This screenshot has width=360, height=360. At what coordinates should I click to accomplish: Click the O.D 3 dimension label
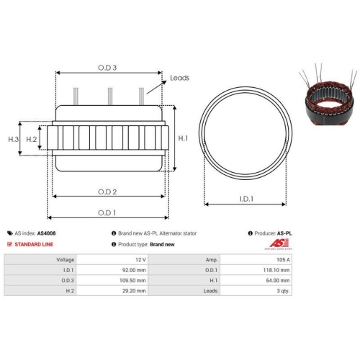coord(107,67)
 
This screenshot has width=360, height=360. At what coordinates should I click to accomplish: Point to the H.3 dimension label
coord(13,138)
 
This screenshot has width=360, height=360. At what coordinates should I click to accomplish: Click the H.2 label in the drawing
coord(32,138)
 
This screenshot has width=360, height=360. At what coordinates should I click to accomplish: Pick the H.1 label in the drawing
coord(183,138)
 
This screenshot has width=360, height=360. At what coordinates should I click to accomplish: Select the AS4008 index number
coord(48,233)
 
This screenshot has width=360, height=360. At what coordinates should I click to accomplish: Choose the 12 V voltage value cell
coord(140,258)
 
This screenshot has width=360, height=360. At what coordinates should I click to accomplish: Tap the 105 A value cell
coord(283,258)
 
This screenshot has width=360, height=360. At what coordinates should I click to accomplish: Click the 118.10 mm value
coord(278,269)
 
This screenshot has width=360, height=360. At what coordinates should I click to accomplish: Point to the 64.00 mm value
coord(279,280)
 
